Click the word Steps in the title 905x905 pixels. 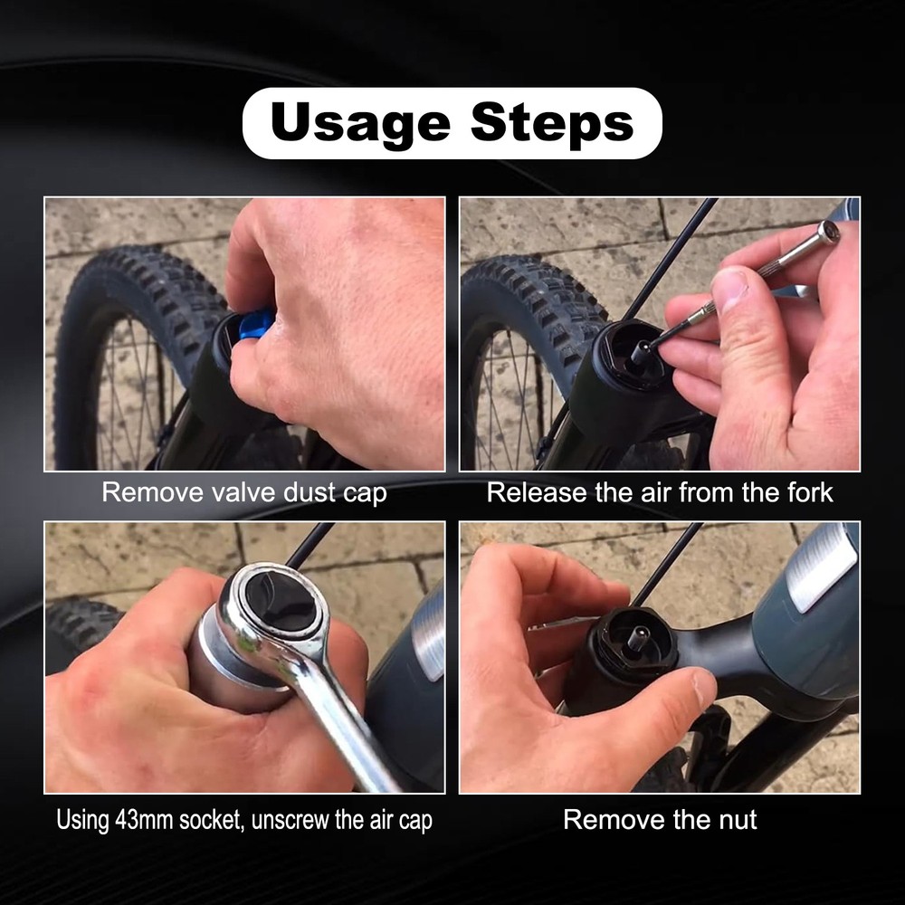552,123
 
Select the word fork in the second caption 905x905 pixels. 806,493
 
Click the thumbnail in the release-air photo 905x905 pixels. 729,288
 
